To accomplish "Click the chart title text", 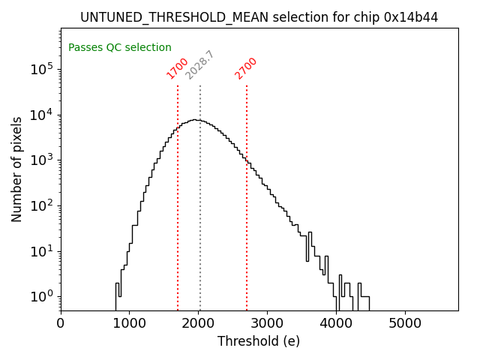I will point(259,17).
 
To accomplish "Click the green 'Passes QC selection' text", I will point(120,47).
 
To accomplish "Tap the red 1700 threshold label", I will point(178,68).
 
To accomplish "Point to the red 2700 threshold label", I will point(246,68).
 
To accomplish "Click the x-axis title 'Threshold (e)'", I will point(259,341).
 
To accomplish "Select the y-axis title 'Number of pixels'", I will point(17,169).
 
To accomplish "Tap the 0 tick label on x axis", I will point(61,324).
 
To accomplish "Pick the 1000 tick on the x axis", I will point(130,324).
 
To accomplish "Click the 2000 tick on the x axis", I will point(199,324).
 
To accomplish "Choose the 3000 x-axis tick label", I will point(268,324).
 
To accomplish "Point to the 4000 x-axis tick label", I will point(337,324).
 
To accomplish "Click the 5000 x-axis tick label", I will point(406,324).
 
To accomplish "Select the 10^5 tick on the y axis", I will point(42,70).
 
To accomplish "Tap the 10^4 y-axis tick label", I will point(42,115).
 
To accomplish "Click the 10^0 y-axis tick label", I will point(42,297).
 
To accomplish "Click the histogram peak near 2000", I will point(195,119).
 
